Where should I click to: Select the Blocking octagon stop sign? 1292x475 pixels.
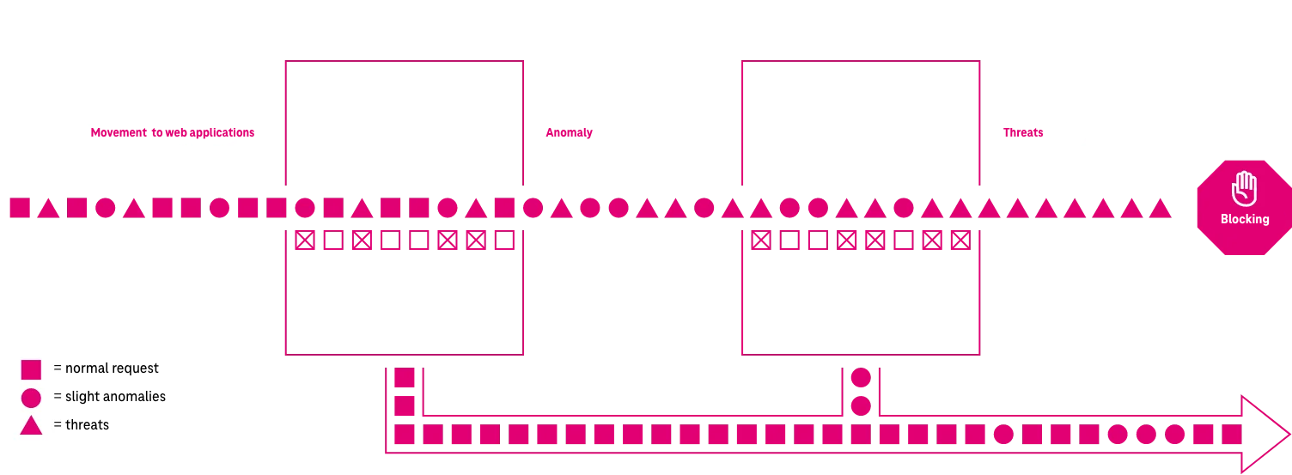click(1244, 205)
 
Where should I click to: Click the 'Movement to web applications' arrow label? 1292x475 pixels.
click(173, 133)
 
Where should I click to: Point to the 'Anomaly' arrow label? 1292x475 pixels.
click(570, 133)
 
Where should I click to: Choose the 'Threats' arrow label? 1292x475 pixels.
click(1023, 133)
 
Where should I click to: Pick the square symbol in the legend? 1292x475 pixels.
click(31, 369)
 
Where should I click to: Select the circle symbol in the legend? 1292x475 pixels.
click(31, 398)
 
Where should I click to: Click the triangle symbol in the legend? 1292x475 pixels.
click(31, 425)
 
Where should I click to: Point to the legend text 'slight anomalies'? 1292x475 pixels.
click(109, 397)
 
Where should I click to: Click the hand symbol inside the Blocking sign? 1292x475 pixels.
click(1244, 187)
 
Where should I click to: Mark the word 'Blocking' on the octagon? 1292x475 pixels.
click(1245, 219)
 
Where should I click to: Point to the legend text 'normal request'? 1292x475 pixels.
click(106, 368)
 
